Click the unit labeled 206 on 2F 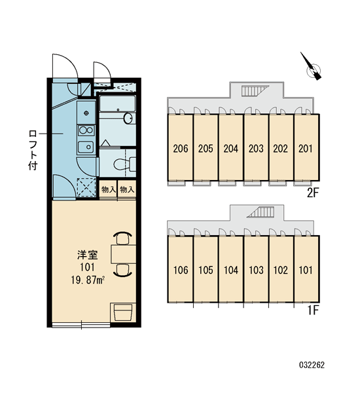tap(181, 147)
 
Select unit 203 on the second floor tap(256, 147)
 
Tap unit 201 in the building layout tap(306, 147)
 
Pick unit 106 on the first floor tap(181, 269)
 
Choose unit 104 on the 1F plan tap(231, 269)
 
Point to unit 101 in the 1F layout tap(306, 269)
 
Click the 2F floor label tap(313, 193)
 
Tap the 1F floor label tap(313, 310)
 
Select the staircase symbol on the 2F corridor tap(254, 90)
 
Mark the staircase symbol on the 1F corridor tap(261, 212)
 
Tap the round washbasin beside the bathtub tap(128, 119)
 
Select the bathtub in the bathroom tap(117, 103)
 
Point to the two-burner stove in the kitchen tap(86, 130)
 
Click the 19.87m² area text tap(88, 280)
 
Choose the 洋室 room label tap(88, 255)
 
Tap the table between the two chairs tap(123, 254)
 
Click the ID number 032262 tap(312, 365)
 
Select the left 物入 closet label tap(109, 189)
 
